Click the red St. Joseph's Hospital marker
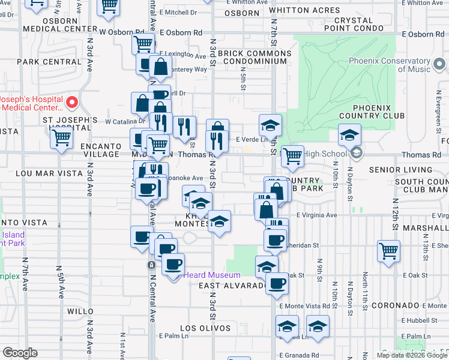pyautogui.click(x=72, y=102)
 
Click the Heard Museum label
pyautogui.click(x=203, y=275)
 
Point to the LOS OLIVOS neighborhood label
pyautogui.click(x=205, y=328)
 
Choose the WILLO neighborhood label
pyautogui.click(x=80, y=311)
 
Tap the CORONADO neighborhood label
pyautogui.click(x=394, y=305)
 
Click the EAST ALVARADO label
pyautogui.click(x=232, y=286)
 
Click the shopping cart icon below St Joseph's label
pyautogui.click(x=62, y=139)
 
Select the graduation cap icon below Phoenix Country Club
pyautogui.click(x=349, y=136)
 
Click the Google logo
pyautogui.click(x=20, y=353)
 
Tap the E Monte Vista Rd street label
pyautogui.click(x=304, y=305)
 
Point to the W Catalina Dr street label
pyautogui.click(x=125, y=121)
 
